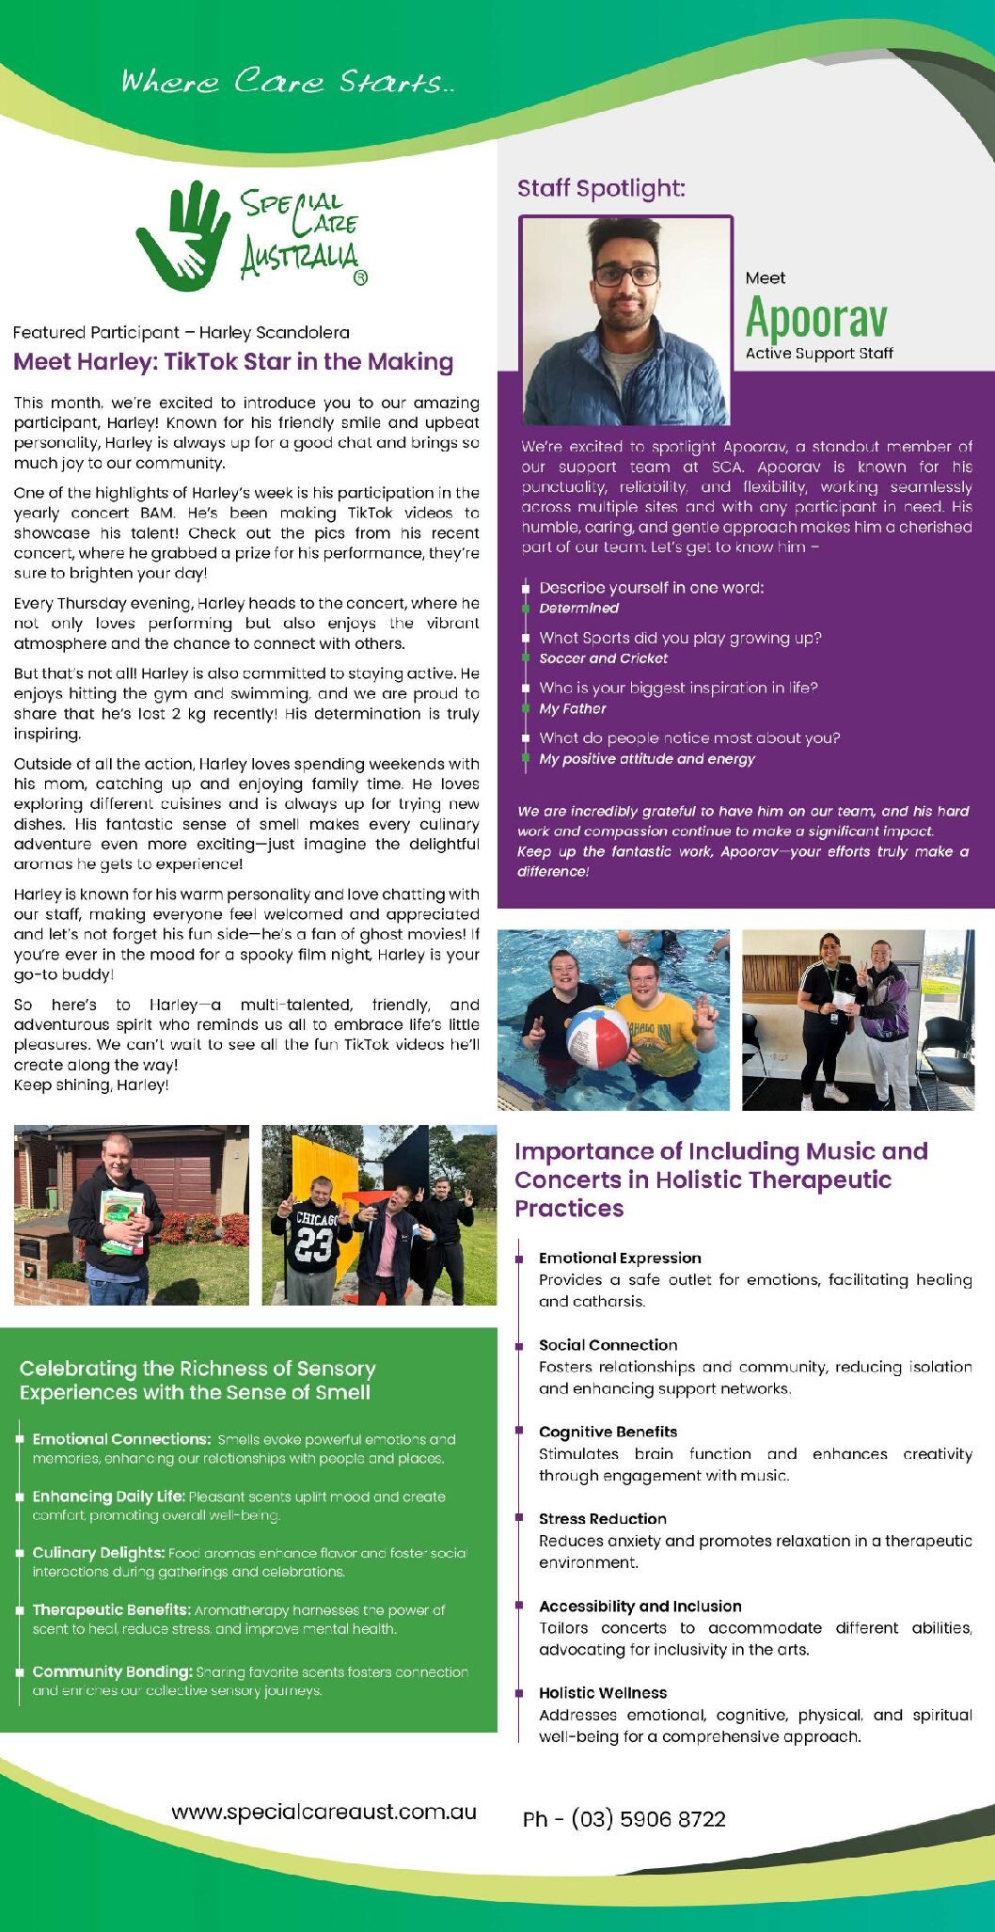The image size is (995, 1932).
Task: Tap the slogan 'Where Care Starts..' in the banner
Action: pos(287,81)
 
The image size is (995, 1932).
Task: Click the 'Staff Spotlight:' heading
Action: pos(601,188)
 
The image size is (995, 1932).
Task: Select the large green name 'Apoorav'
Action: pos(816,318)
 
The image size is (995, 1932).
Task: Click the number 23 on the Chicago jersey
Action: pos(313,1244)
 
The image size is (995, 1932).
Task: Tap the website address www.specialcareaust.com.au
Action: pos(324,1812)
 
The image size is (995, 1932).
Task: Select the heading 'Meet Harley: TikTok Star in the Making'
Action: pos(233,362)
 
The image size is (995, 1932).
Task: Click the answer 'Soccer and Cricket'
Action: pos(603,658)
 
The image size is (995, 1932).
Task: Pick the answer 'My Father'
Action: pos(572,708)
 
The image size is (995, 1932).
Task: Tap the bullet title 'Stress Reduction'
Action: pos(602,1518)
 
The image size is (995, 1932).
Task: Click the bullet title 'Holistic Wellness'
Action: pos(602,1692)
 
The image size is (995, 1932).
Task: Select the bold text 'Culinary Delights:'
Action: pos(99,1552)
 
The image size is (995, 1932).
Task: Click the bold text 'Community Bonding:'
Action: pos(112,1671)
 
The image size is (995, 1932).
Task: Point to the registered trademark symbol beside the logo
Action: pos(359,277)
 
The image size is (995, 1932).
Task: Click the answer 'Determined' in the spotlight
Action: pos(578,609)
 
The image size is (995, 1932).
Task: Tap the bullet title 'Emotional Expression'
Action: pos(620,1258)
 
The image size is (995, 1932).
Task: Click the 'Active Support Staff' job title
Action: pos(819,354)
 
